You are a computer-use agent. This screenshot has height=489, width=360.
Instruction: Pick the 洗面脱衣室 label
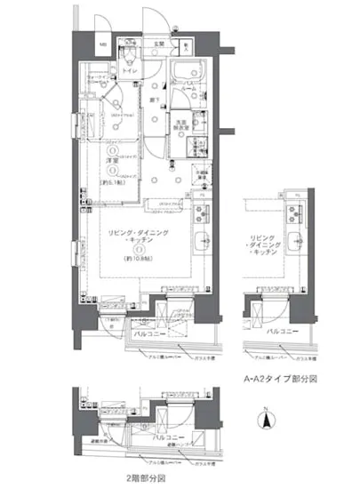click(x=179, y=124)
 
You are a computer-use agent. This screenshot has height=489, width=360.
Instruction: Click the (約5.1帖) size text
click(x=113, y=180)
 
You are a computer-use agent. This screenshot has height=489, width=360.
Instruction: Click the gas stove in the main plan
click(x=201, y=213)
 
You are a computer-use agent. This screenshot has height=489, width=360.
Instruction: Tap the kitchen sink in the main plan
click(x=202, y=241)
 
